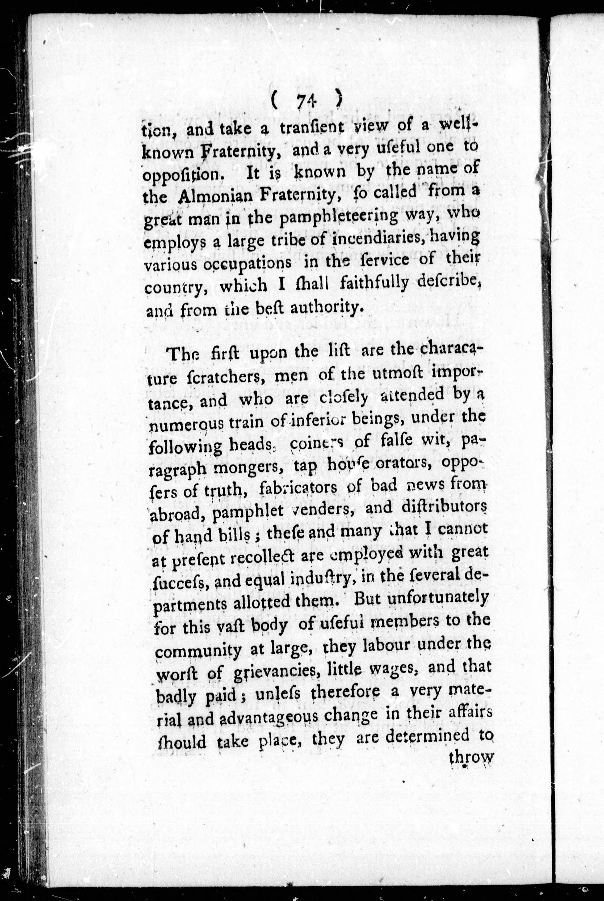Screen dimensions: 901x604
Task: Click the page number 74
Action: click(307, 102)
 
